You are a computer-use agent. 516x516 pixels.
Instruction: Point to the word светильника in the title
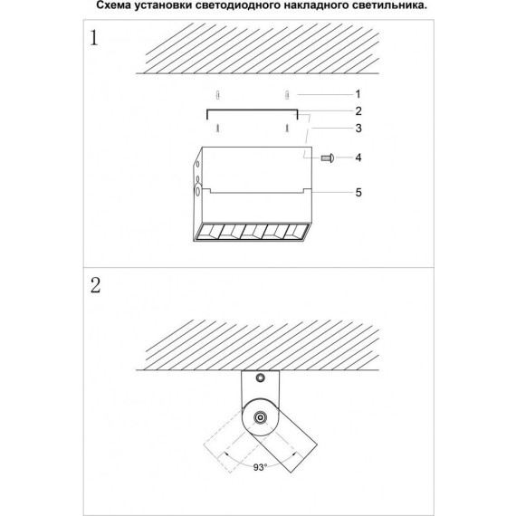tap(425, 6)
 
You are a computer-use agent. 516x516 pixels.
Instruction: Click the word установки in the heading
tap(160, 6)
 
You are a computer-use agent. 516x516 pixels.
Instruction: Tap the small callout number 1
tap(358, 94)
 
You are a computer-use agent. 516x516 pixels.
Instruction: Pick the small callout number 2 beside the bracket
tap(358, 110)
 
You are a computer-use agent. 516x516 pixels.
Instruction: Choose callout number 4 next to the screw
tap(358, 158)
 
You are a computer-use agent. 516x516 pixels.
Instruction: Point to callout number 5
tap(358, 192)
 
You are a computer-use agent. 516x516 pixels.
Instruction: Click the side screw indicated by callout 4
tap(329, 158)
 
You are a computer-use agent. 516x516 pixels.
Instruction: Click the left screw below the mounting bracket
tap(217, 129)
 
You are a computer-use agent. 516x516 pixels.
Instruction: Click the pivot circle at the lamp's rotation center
tap(261, 418)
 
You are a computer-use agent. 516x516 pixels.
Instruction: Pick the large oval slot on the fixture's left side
tap(198, 192)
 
